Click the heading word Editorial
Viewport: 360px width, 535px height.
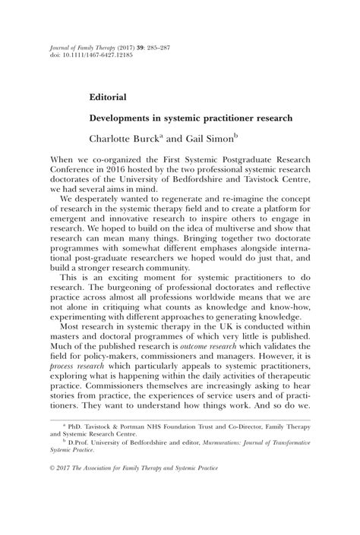pyautogui.click(x=107, y=97)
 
